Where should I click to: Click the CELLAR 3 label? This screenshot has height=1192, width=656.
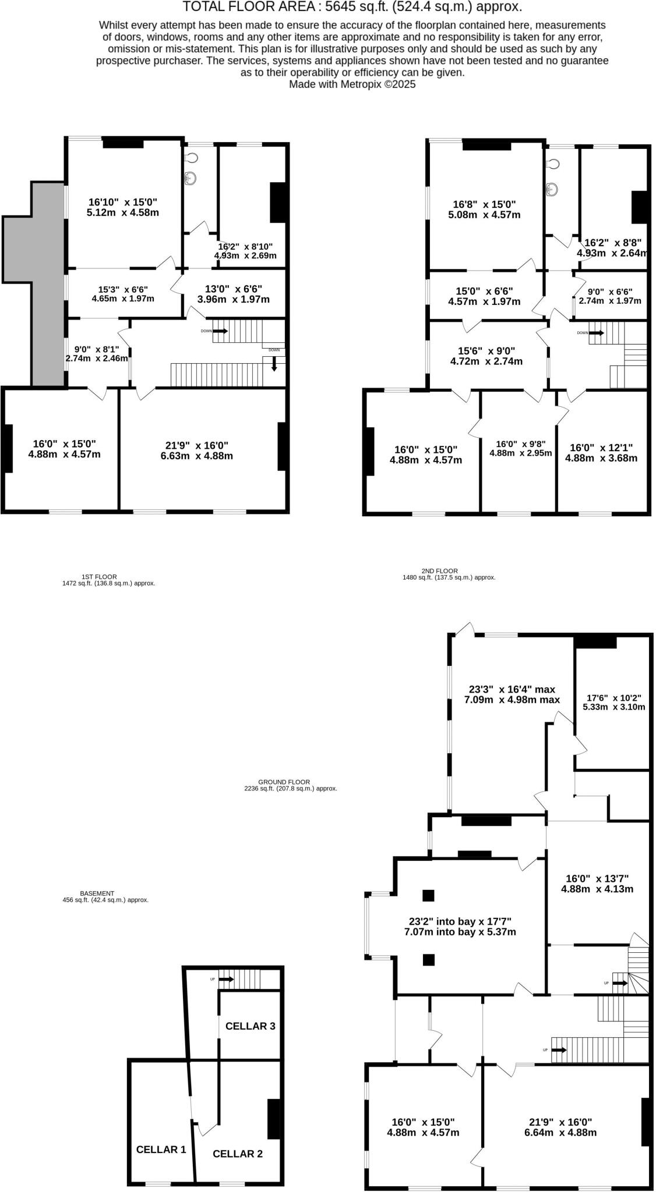coord(250,1026)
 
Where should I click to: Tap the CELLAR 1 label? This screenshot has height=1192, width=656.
coord(161,1149)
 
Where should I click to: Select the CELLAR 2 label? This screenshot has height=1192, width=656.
coord(238,1154)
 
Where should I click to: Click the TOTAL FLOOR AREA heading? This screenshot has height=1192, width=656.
coord(352,7)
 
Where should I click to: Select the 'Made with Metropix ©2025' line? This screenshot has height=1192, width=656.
coord(352,84)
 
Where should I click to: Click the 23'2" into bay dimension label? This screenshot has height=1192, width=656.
coord(460,926)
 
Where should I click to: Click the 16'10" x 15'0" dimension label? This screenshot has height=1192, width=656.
coord(122,207)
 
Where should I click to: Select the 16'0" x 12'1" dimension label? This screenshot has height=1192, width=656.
coord(601,453)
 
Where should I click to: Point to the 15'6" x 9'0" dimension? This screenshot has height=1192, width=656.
coord(486,356)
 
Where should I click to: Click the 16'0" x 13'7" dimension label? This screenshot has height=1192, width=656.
coord(597,884)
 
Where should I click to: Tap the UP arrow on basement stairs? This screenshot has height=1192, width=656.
coord(227,980)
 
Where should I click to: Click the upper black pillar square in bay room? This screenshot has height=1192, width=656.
coord(428,895)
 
